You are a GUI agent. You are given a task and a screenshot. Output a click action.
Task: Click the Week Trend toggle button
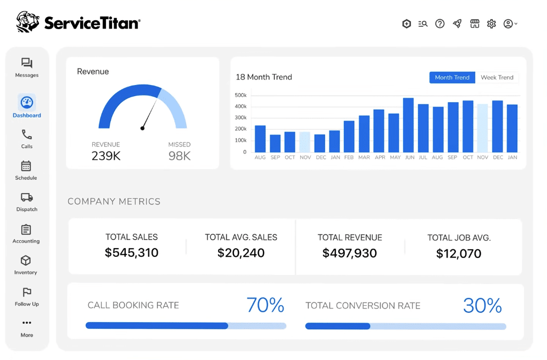[x=497, y=77]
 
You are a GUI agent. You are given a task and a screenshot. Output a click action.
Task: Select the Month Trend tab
[x=452, y=77]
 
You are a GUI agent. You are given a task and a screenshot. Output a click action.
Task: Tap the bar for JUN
[x=408, y=125]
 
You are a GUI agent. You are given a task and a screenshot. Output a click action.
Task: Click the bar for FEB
[x=349, y=137]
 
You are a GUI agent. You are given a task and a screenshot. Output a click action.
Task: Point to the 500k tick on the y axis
[x=241, y=95]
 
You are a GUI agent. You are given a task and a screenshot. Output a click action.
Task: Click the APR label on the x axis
[x=380, y=157]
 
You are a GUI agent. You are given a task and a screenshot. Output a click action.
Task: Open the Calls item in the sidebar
[x=26, y=139]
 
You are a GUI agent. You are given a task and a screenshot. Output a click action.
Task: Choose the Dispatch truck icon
[x=27, y=197]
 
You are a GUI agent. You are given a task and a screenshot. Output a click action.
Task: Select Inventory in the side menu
[x=26, y=265]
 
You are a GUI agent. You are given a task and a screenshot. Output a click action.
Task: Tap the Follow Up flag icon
[x=27, y=292]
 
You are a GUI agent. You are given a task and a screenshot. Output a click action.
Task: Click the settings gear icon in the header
[x=492, y=24]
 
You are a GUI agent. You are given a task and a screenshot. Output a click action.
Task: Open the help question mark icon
[x=440, y=24]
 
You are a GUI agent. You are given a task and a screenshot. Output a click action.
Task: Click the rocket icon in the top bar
[x=457, y=24]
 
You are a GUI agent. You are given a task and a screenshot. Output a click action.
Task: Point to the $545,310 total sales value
[x=131, y=252]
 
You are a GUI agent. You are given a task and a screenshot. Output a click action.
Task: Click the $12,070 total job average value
[x=459, y=254]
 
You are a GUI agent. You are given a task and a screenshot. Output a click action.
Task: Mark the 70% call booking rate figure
[x=265, y=305]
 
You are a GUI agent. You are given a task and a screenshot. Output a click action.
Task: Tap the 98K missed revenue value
[x=179, y=156]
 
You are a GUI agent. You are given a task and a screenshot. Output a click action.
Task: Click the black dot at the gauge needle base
[x=142, y=128]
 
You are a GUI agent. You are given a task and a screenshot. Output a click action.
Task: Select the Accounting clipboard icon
[x=26, y=229]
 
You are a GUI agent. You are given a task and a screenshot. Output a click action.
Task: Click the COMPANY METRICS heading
[x=114, y=201]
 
